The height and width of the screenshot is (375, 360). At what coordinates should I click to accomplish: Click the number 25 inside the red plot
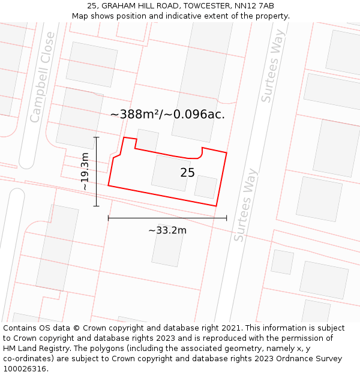[x=187, y=173]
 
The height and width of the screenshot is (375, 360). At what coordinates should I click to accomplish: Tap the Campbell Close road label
[x=43, y=77]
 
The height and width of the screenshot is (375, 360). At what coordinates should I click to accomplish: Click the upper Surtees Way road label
[x=271, y=74]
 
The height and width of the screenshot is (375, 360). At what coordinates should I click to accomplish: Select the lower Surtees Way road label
[x=246, y=205]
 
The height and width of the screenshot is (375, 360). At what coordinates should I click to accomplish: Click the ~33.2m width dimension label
[x=167, y=230]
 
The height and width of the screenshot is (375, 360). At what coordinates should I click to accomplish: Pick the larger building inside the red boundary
[x=171, y=173]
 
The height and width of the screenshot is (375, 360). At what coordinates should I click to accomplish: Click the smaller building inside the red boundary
[x=206, y=187]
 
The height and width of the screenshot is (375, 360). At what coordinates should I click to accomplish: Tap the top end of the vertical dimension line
[x=96, y=137]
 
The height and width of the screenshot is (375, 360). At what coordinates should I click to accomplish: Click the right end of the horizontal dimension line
[x=226, y=218]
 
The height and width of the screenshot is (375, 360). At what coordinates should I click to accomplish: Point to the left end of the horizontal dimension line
[x=109, y=218]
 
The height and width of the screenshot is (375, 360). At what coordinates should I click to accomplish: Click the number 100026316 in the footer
[x=25, y=369]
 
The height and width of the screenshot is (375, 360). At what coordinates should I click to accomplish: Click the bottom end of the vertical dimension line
[x=96, y=206]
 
